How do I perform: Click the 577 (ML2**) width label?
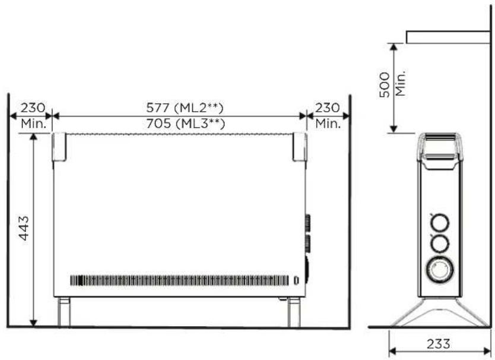click(x=185, y=108)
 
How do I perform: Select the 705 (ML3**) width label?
click(x=185, y=123)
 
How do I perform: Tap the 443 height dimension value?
click(x=24, y=228)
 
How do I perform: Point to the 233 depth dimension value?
click(x=439, y=343)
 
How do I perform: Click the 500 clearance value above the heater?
click(x=385, y=85)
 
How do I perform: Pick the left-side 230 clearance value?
click(x=33, y=108)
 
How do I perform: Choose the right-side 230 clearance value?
click(x=328, y=108)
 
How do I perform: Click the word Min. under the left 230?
click(x=34, y=123)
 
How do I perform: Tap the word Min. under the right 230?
click(x=328, y=123)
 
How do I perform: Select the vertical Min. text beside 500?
click(x=400, y=83)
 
